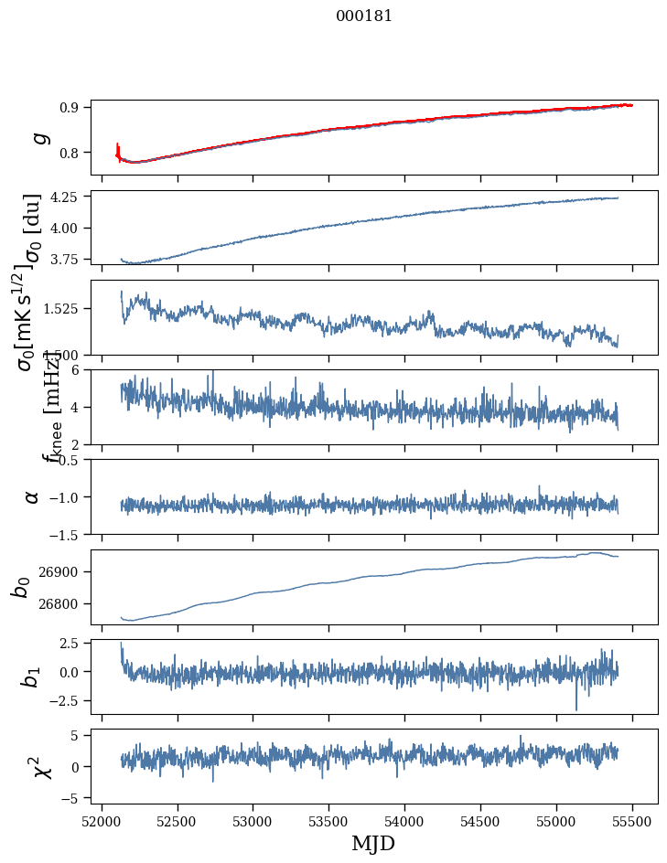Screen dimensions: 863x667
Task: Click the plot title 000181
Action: click(x=363, y=16)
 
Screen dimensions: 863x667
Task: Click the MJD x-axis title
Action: click(x=373, y=844)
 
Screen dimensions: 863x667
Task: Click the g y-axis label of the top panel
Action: click(x=38, y=137)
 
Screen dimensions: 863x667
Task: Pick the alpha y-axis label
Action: click(x=33, y=496)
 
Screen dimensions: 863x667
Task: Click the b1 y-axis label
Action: click(x=31, y=677)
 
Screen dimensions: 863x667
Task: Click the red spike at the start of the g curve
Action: click(x=118, y=149)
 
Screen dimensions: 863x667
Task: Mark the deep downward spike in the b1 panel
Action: click(x=576, y=707)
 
